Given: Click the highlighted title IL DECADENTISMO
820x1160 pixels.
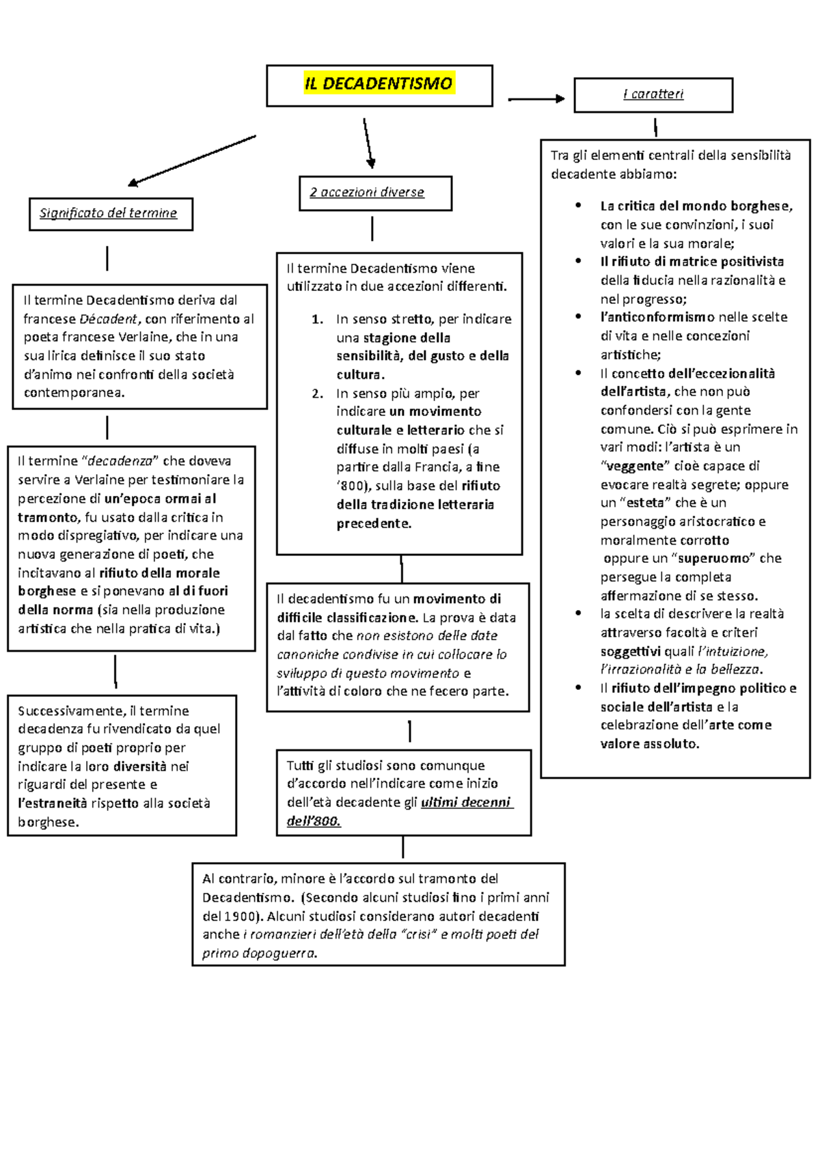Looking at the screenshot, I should click(x=379, y=84).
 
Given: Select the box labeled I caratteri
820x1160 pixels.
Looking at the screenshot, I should click(x=653, y=94).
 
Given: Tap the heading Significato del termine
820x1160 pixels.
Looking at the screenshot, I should click(x=109, y=213).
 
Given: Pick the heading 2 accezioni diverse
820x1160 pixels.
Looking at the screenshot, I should click(x=367, y=193).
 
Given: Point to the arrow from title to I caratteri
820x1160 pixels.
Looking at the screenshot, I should click(x=536, y=99).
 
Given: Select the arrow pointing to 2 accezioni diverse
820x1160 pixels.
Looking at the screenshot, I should click(x=368, y=143).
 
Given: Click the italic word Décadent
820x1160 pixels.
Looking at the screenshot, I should click(x=108, y=319).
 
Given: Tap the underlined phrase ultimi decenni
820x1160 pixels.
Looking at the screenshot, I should click(x=466, y=803).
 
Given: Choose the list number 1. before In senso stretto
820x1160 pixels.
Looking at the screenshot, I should click(x=318, y=319).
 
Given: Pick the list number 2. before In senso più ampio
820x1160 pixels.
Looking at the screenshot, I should click(x=318, y=393).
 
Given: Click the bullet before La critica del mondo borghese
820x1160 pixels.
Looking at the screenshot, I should click(x=579, y=205).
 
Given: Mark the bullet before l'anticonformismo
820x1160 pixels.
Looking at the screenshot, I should click(x=579, y=316).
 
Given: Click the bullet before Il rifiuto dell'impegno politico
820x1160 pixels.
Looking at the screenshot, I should click(x=579, y=688).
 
